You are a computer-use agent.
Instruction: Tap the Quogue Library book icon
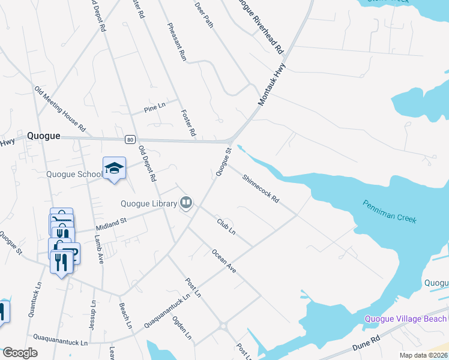(x=186, y=203)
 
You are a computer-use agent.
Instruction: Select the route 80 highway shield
(x=130, y=140)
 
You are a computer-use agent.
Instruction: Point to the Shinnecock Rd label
(x=261, y=188)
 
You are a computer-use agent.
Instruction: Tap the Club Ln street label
(x=226, y=227)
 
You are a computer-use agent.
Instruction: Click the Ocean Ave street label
(x=223, y=262)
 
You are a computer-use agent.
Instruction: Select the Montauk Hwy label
(x=270, y=86)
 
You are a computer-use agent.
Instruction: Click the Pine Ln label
(x=154, y=108)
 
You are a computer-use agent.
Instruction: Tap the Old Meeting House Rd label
(x=60, y=109)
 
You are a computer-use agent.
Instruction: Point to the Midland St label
(x=111, y=225)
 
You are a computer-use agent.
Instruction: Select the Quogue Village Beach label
(x=406, y=319)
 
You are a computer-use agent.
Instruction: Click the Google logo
(x=20, y=353)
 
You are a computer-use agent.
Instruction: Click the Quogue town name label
(x=43, y=136)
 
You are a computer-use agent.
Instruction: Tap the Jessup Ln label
(x=93, y=311)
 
